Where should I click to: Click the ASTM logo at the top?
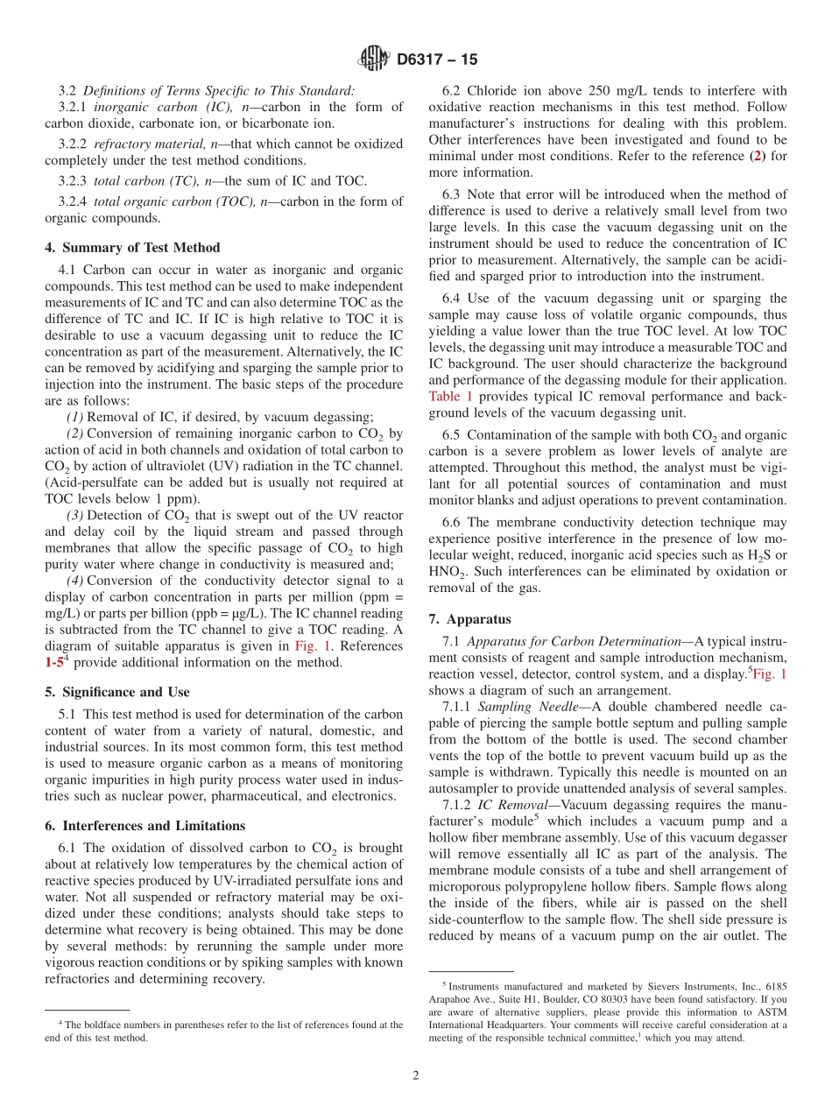point(375,60)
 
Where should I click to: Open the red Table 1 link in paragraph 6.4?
point(450,397)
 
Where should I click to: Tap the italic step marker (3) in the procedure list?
point(75,515)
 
